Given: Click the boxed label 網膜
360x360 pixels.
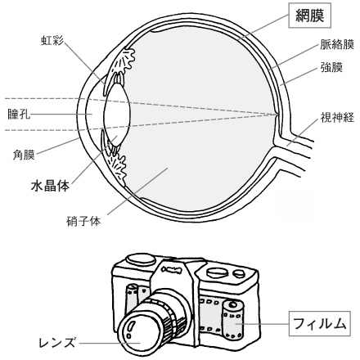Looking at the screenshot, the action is click(x=310, y=16).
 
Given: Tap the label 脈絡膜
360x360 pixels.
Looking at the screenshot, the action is click(x=337, y=44).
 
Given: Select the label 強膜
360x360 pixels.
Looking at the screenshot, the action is click(x=331, y=67).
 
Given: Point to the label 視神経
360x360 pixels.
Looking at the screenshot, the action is click(x=337, y=117).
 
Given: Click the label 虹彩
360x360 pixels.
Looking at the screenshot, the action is click(x=52, y=40).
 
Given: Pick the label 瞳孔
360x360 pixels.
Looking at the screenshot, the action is click(x=19, y=115).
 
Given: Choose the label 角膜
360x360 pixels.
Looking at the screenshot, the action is click(x=24, y=155).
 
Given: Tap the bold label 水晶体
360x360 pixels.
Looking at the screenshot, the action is click(x=50, y=186).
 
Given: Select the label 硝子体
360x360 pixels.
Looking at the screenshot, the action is click(x=83, y=221).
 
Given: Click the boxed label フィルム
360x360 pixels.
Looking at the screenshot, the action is click(x=320, y=323).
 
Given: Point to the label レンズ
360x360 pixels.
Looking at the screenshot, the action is click(x=56, y=343).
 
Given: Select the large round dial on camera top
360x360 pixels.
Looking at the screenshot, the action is click(x=141, y=259).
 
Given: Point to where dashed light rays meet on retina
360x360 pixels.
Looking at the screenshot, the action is click(x=277, y=115).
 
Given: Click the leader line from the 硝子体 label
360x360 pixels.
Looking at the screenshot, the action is click(x=137, y=191).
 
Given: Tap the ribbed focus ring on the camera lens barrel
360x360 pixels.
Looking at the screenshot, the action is click(x=171, y=312).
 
